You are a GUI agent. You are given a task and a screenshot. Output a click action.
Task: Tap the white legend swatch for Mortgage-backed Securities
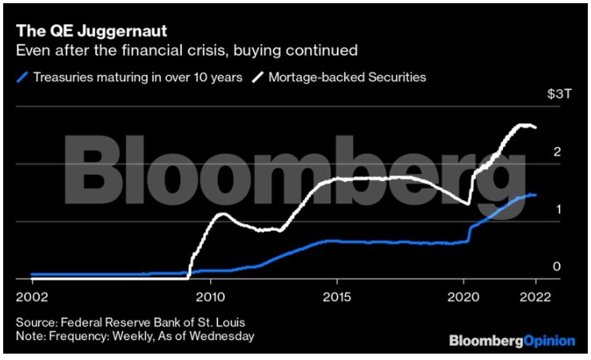pyautogui.click(x=258, y=77)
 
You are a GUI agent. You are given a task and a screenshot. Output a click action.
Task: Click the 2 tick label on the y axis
pyautogui.click(x=557, y=152)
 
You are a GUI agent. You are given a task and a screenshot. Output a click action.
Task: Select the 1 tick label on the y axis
pyautogui.click(x=557, y=209)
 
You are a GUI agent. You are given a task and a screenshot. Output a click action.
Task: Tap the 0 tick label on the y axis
pyautogui.click(x=557, y=267)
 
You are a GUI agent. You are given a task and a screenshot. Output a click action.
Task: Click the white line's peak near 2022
pyautogui.click(x=524, y=125)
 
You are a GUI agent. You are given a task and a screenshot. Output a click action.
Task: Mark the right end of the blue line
pyautogui.click(x=535, y=194)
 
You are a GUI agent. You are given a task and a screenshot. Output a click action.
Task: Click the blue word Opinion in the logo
pyautogui.click(x=549, y=341)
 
